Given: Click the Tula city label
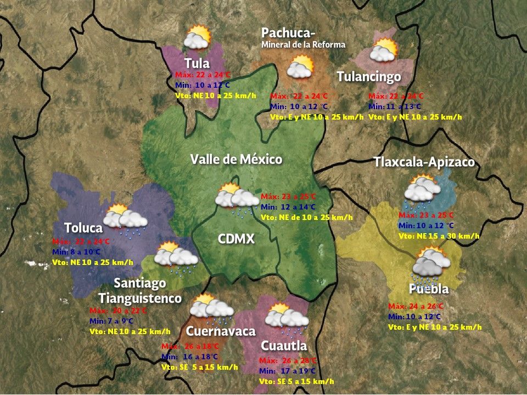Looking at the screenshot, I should pos(197,63).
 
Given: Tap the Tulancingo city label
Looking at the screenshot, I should pos(369,76).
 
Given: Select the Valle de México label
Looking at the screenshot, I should pos(236,160).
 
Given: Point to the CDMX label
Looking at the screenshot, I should pos(236,239).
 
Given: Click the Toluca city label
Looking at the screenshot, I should pos(83,228).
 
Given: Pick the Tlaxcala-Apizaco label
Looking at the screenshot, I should pos(424,162).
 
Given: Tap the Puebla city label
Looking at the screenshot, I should pos(429,289).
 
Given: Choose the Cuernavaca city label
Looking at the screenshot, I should pos(221,331).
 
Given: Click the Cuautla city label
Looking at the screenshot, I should pos(283,346).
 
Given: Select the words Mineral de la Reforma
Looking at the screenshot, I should pos(304,44).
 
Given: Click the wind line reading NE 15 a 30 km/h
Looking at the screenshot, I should pos(439,236).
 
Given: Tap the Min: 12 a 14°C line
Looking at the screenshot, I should pos(289,207).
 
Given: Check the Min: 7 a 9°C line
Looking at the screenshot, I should pos(111,321).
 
